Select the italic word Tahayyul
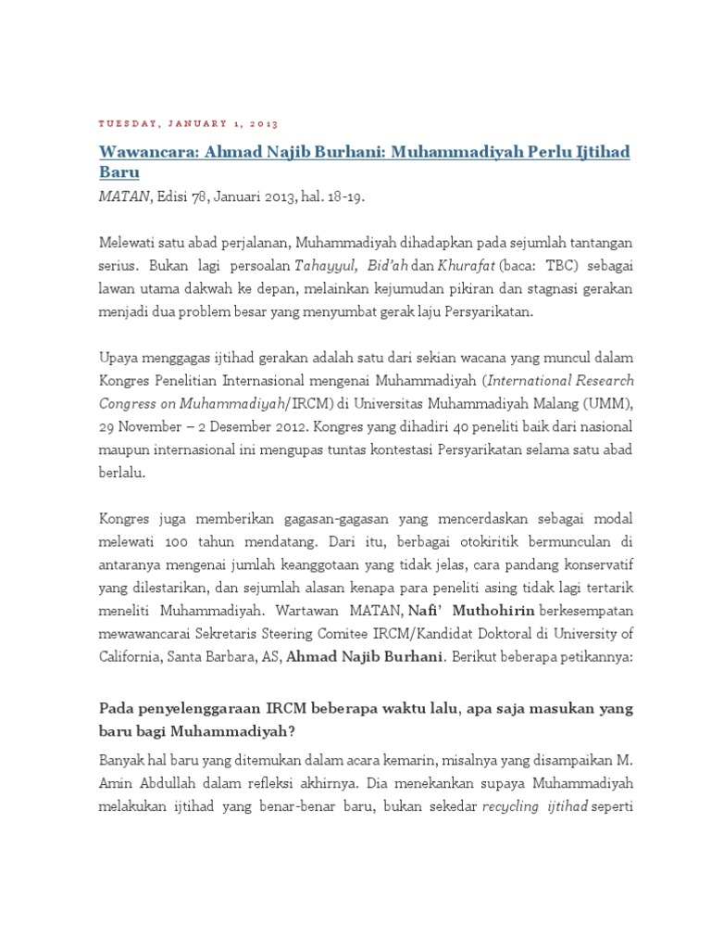[330, 266]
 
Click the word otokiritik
[430, 540]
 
